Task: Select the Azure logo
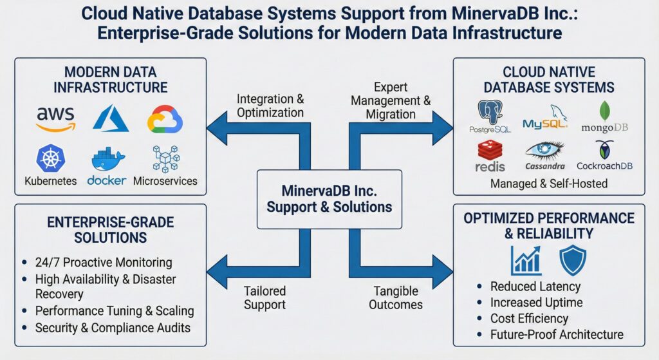[x=111, y=118]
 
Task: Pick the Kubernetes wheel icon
[x=50, y=158]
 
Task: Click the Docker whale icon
[x=107, y=158]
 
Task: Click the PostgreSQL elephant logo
[x=490, y=112]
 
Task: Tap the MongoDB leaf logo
[x=605, y=111]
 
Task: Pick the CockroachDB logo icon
[x=604, y=150]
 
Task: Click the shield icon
[x=572, y=260]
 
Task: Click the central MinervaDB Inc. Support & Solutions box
[x=329, y=199]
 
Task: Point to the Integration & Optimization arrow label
[x=270, y=106]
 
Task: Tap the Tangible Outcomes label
[x=395, y=298]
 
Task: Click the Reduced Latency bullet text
[x=535, y=287]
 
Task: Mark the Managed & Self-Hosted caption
[x=548, y=184]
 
